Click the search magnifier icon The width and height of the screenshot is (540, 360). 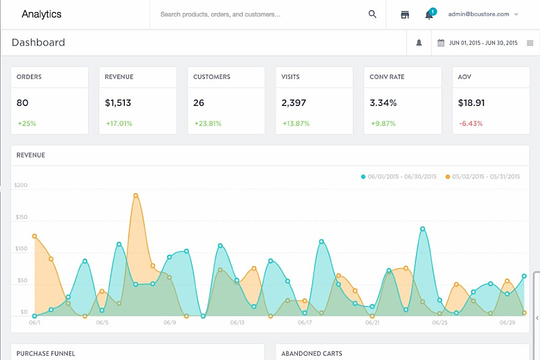point(372,14)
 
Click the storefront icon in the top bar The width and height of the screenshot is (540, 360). point(405,15)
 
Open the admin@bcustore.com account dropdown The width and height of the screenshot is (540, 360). point(483,14)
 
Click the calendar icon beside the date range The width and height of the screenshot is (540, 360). point(441,43)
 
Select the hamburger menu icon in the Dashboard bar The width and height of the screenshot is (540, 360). point(530,43)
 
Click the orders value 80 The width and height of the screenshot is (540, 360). point(23,103)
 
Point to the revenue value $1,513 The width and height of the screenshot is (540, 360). point(118,103)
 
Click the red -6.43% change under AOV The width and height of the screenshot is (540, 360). point(471,124)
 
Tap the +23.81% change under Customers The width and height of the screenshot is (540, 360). point(208,124)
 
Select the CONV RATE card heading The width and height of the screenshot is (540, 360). point(387,77)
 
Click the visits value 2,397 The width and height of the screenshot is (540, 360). point(294,103)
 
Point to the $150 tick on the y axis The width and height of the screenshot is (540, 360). point(22,217)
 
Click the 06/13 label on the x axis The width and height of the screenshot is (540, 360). point(237,322)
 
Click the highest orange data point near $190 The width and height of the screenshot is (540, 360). point(136,196)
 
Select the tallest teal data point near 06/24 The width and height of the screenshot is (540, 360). point(423,229)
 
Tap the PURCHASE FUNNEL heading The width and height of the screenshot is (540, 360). point(46,353)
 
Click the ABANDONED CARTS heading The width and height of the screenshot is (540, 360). point(312,353)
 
